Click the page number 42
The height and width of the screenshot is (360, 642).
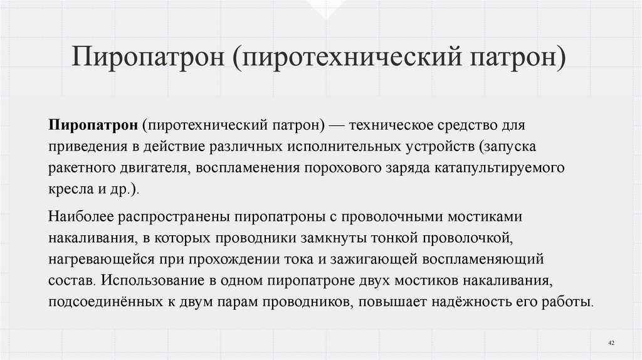611,342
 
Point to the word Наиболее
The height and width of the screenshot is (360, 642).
76,216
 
